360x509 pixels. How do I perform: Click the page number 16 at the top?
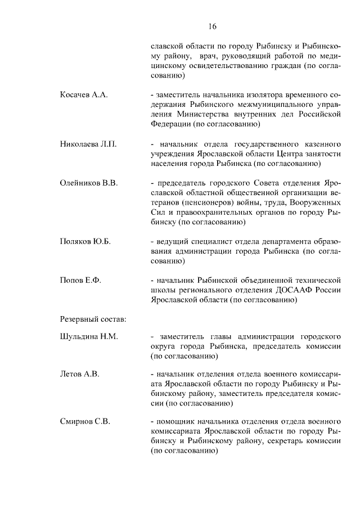click(x=211, y=26)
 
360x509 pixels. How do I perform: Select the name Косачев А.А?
click(x=83, y=94)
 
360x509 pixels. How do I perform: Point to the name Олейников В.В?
click(x=88, y=183)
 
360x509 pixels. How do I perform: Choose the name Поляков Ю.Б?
click(x=85, y=242)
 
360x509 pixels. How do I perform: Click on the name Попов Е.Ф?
click(x=80, y=281)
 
